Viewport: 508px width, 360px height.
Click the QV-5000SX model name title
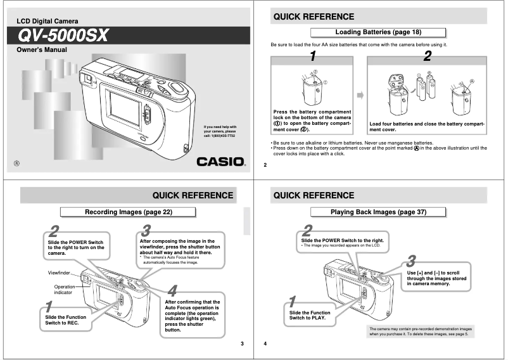pyautogui.click(x=63, y=35)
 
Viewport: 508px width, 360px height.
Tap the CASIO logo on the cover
pyautogui.click(x=220, y=161)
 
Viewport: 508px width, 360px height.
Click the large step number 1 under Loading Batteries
pyautogui.click(x=312, y=56)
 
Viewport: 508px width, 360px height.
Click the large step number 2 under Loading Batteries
pyautogui.click(x=427, y=56)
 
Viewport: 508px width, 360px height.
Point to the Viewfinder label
pyautogui.click(x=60, y=273)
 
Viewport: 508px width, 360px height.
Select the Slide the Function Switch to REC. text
pyautogui.click(x=67, y=320)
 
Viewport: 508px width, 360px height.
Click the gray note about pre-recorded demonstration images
pyautogui.click(x=420, y=331)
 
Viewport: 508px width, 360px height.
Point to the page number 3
pyautogui.click(x=241, y=344)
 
